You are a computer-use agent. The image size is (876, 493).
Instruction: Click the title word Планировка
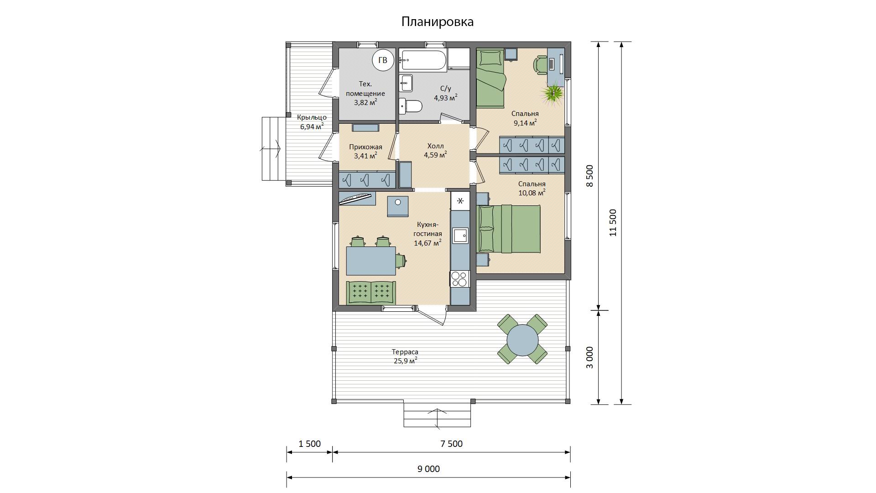[x=438, y=22]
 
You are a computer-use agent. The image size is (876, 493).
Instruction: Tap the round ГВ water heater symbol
[x=382, y=60]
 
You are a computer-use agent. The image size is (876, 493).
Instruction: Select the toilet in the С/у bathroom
[x=411, y=106]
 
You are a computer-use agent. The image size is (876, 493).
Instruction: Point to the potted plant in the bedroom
[x=553, y=93]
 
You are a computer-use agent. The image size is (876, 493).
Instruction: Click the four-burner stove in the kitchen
[x=460, y=278]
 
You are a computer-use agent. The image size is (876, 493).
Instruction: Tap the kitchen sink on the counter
[x=460, y=236]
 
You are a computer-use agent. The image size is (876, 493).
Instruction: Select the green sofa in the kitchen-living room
[x=371, y=292]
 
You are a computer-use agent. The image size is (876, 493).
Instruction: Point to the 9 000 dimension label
[x=428, y=469]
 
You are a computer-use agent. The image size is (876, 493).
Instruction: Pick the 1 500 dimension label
[x=310, y=444]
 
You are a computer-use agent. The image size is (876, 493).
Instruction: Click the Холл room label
[x=435, y=146]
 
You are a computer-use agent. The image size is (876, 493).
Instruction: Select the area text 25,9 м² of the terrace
[x=406, y=361]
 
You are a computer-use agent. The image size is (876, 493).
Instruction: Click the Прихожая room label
[x=365, y=147]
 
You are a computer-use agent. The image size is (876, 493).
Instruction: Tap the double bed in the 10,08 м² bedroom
[x=509, y=229]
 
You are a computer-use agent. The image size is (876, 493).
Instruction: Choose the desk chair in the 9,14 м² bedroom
[x=541, y=64]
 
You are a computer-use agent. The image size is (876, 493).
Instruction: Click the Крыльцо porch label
[x=312, y=117]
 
